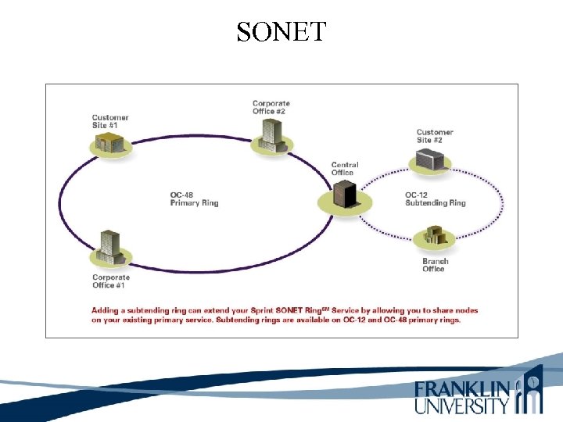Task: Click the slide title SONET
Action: point(281,32)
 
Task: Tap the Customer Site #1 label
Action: point(110,122)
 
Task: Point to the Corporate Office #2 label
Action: point(271,107)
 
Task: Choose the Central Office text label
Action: point(345,169)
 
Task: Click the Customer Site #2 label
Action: point(435,137)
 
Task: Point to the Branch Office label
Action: point(435,265)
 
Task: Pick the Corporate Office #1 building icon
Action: point(108,246)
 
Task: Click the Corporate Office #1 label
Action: point(111,281)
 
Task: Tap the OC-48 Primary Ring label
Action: point(194,199)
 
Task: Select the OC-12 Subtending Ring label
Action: point(435,199)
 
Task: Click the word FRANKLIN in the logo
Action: point(462,388)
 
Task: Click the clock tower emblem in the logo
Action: point(531,391)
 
